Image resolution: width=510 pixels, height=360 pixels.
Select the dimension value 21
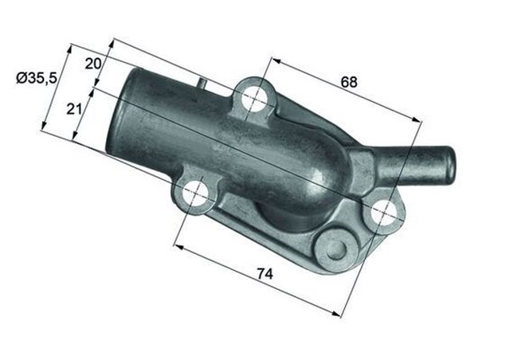tap(75, 108)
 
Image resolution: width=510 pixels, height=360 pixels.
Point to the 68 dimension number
tap(348, 81)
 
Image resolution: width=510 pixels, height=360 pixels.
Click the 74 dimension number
tap(265, 273)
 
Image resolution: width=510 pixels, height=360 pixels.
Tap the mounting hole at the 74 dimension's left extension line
tap(194, 194)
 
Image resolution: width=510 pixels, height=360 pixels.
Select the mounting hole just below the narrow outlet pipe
tap(382, 211)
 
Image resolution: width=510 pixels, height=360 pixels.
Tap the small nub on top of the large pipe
tap(202, 81)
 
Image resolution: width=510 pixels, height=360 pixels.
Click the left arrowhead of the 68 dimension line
tap(275, 60)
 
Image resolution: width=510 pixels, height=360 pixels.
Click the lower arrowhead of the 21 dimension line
tap(73, 140)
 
